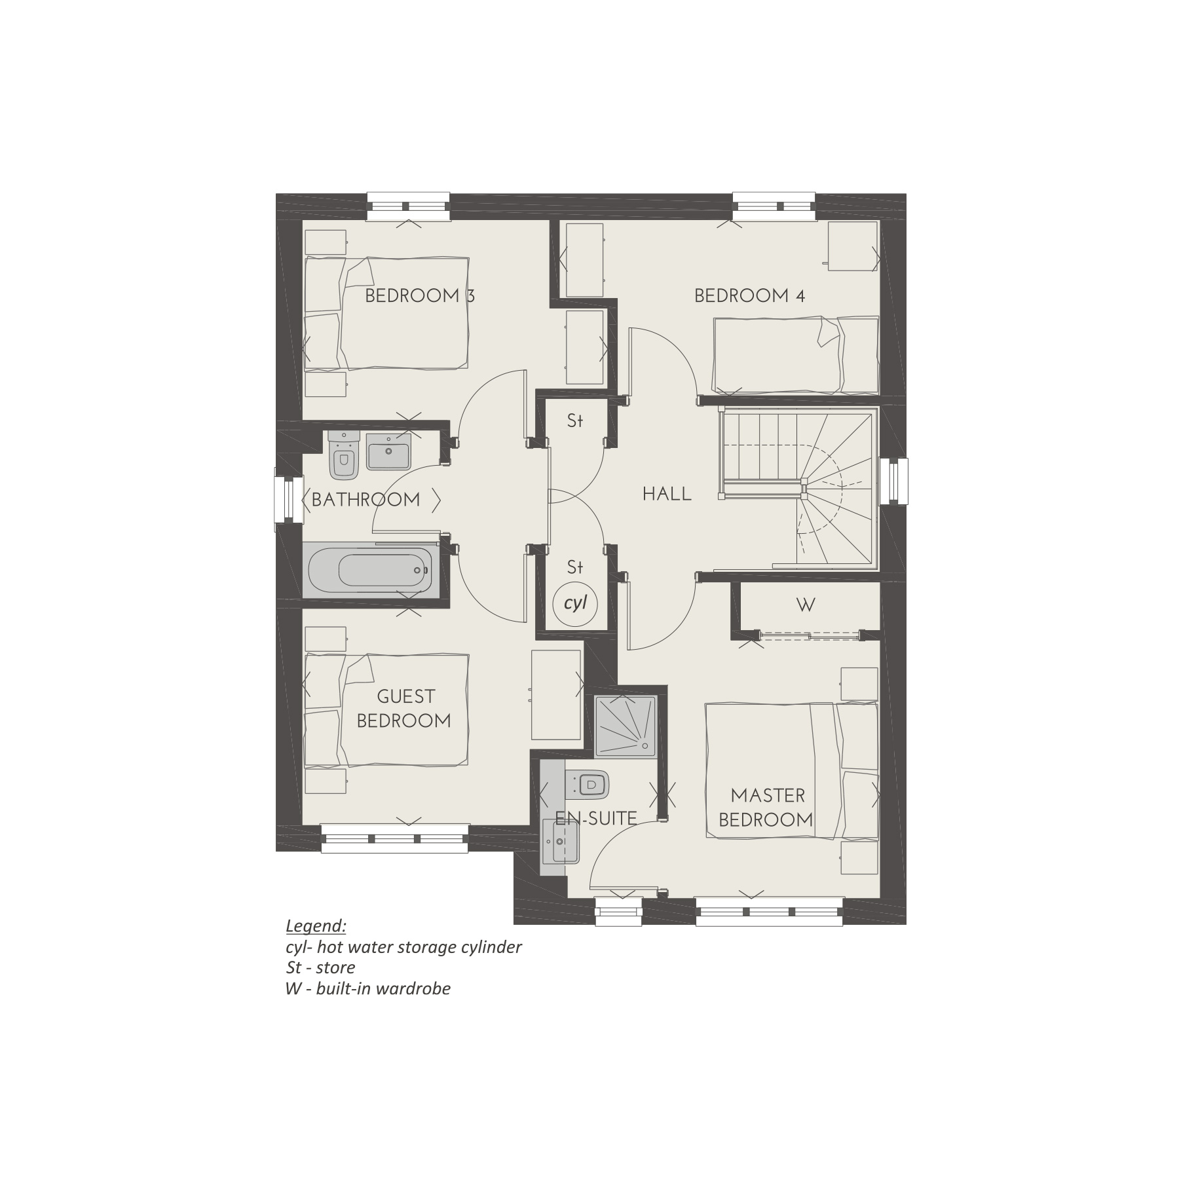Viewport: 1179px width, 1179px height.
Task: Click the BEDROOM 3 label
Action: click(x=419, y=296)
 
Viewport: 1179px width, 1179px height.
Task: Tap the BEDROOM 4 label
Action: click(x=749, y=296)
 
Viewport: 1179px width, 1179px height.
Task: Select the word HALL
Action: click(x=667, y=494)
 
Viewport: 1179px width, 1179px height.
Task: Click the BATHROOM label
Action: click(x=365, y=500)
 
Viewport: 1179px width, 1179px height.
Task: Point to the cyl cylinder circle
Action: click(x=575, y=603)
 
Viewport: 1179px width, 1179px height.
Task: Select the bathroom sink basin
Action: click(x=388, y=451)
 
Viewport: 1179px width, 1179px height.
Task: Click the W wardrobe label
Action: click(x=805, y=605)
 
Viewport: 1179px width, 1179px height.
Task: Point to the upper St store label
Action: click(x=574, y=421)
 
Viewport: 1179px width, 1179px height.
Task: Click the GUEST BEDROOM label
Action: click(x=404, y=709)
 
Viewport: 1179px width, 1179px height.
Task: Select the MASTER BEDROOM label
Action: click(x=766, y=808)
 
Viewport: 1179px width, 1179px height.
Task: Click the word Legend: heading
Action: click(x=316, y=926)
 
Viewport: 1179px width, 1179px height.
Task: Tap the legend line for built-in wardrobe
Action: click(x=367, y=988)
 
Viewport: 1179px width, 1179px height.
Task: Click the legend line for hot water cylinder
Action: click(x=403, y=947)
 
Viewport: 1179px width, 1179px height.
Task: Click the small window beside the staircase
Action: click(x=893, y=481)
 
